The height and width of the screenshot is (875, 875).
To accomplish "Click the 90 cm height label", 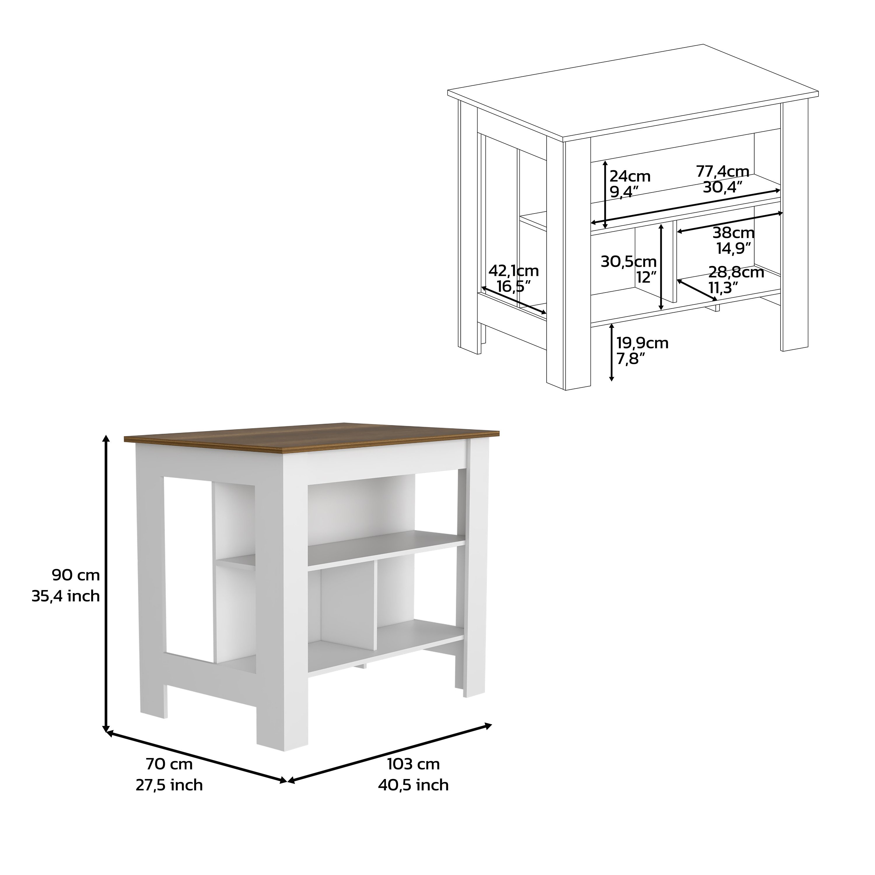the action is tap(76, 575).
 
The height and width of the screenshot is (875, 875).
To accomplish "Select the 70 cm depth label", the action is tap(169, 764).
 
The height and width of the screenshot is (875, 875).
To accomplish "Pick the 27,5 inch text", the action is tap(169, 785).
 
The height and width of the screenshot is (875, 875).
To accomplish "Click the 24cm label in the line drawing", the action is tap(629, 176).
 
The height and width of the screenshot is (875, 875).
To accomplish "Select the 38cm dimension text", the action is tap(734, 233).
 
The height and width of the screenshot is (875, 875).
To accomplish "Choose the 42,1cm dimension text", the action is tap(514, 271).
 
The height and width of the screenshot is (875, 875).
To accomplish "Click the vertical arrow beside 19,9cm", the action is tap(611, 352).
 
